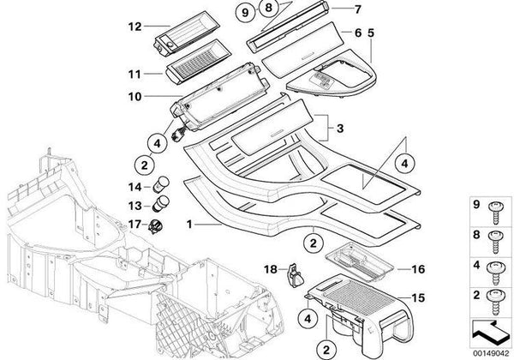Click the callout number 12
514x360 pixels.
134,26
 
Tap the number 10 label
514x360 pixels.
134,97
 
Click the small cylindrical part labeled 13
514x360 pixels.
160,206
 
